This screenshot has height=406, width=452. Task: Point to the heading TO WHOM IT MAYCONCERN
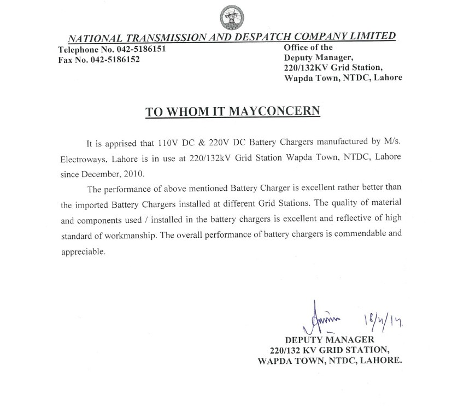coord(232,111)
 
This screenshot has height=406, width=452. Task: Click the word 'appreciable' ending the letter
coord(82,252)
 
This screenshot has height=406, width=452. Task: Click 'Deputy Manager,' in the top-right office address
coord(320,58)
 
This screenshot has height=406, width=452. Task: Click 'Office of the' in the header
coord(308,48)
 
